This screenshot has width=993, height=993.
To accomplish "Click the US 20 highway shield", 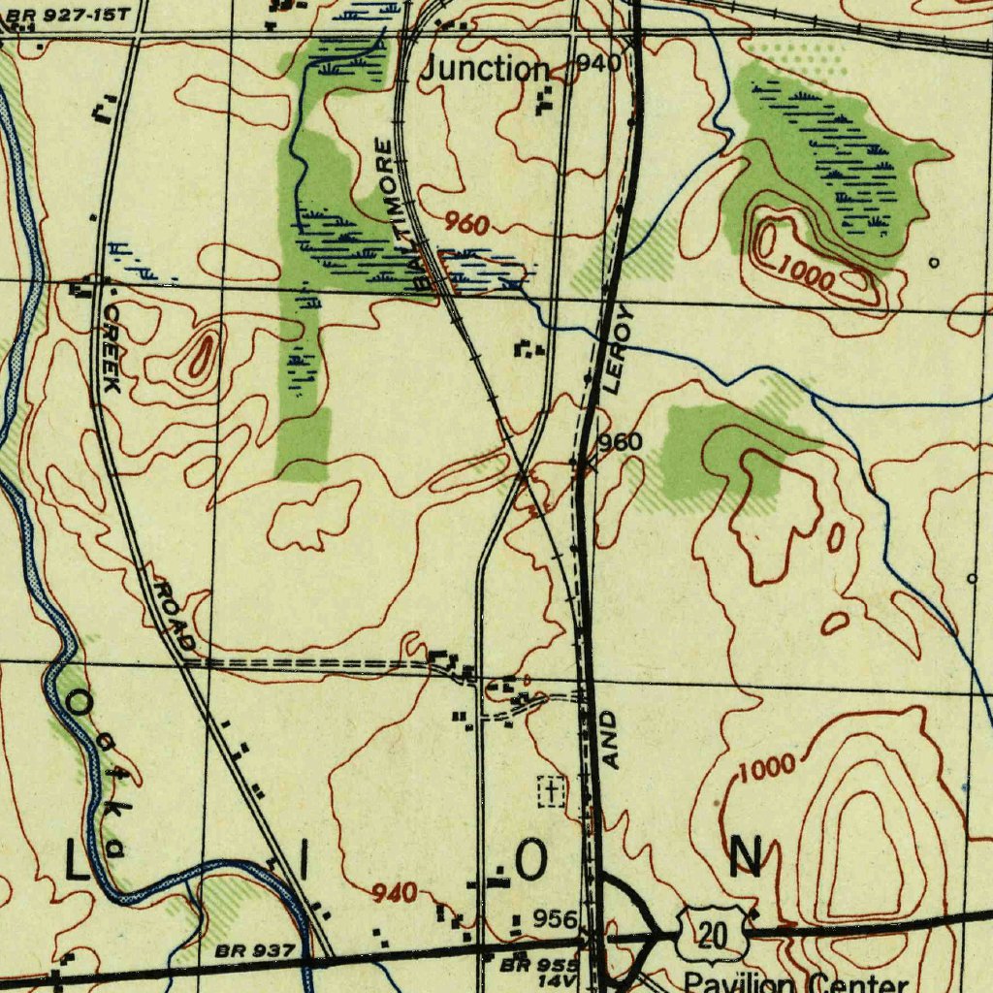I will (x=713, y=933).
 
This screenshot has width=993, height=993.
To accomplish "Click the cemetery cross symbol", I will (x=551, y=791).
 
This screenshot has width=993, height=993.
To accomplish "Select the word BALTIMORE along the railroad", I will (x=401, y=214).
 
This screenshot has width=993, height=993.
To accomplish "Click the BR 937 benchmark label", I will (x=255, y=951).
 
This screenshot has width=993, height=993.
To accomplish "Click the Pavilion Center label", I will (x=795, y=982).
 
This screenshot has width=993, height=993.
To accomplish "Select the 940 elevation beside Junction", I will (x=598, y=64).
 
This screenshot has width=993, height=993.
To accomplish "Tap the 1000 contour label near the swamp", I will (x=806, y=276).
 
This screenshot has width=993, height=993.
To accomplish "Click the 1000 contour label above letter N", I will (x=767, y=770).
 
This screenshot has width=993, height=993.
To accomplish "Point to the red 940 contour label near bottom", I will (x=395, y=893).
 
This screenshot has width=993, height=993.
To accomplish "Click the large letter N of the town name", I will (x=745, y=858).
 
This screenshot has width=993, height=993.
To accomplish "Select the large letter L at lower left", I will (x=76, y=861).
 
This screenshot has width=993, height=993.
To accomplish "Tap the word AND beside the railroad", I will (x=610, y=740).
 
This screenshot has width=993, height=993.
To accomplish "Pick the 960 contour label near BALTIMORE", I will (x=466, y=225).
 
